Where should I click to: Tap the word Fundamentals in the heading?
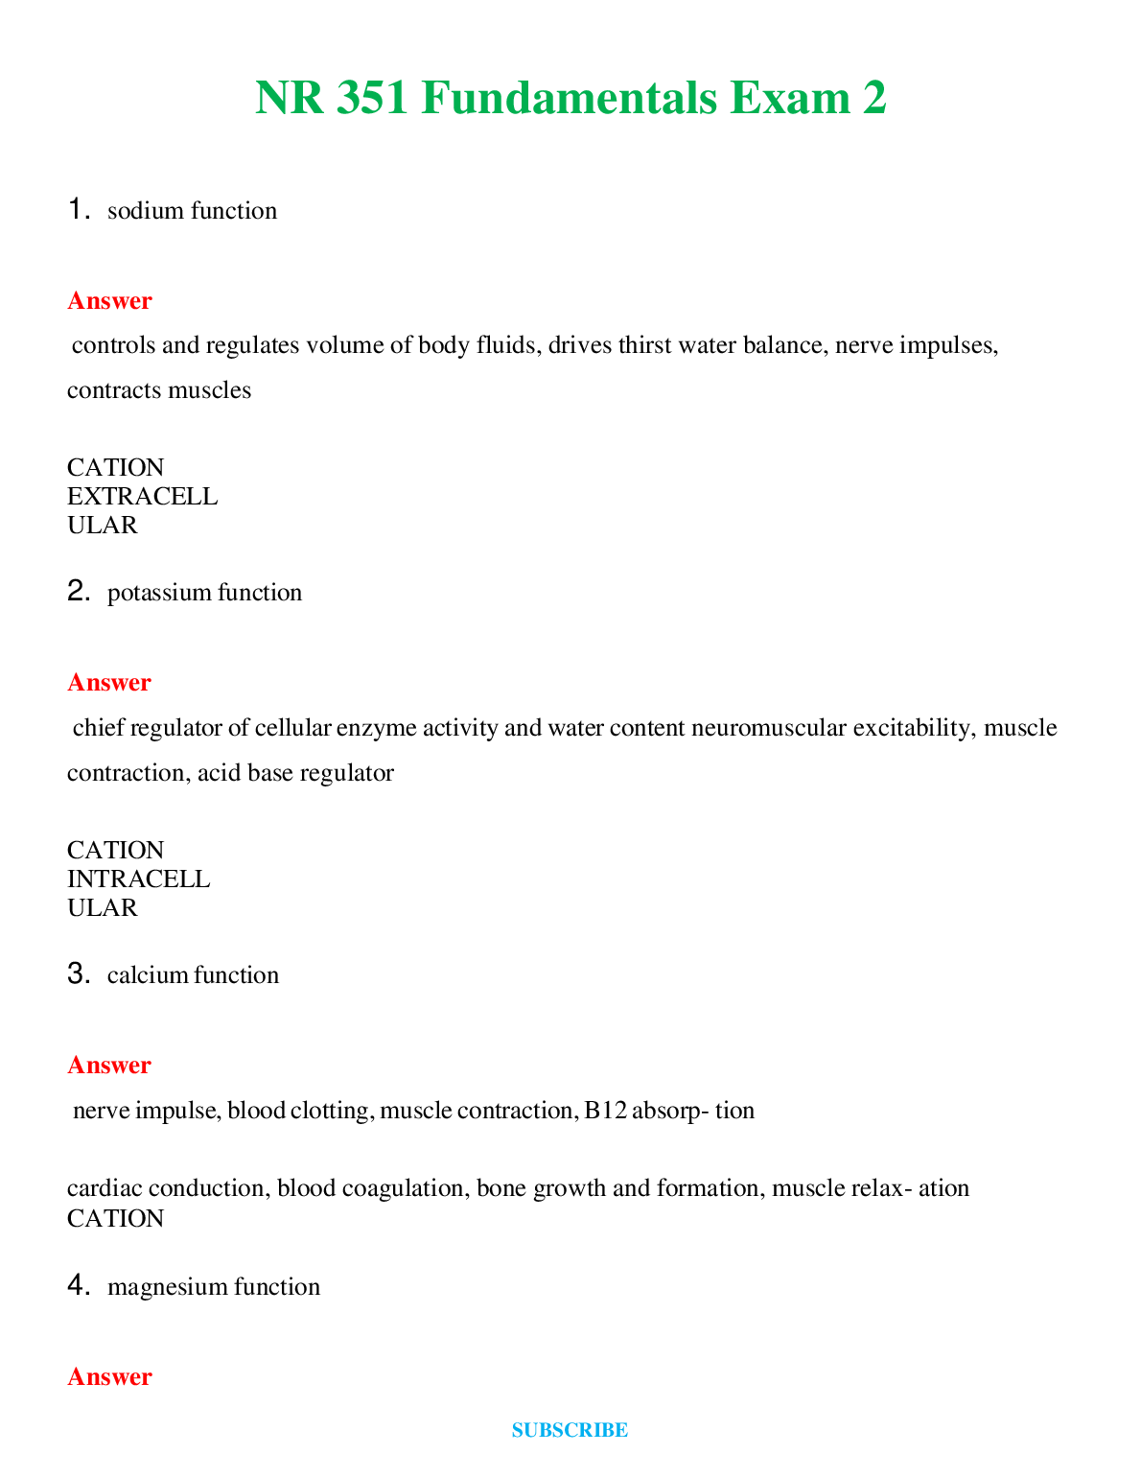point(569,98)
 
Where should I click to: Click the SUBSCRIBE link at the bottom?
point(570,1430)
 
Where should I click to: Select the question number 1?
point(79,209)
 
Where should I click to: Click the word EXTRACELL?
point(142,496)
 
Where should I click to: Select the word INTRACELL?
point(138,879)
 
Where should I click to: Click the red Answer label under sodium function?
point(109,301)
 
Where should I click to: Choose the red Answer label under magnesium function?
point(109,1377)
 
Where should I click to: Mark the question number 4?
point(79,1285)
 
